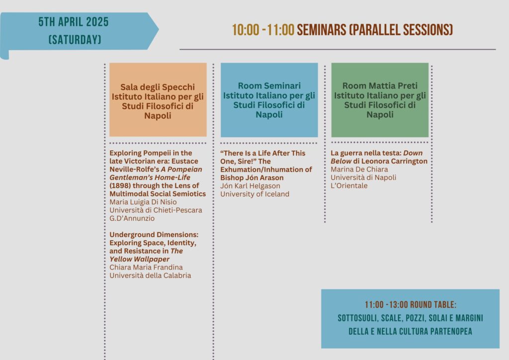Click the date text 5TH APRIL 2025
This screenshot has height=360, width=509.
tap(74, 22)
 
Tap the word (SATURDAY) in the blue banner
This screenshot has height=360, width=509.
tap(75, 40)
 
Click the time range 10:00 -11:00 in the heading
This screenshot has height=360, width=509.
tap(263, 30)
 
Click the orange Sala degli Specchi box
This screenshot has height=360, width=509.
tap(158, 99)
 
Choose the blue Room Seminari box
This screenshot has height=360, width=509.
tap(269, 99)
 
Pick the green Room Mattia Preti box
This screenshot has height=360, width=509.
tap(380, 99)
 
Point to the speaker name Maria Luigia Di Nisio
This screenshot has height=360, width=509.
tap(143, 202)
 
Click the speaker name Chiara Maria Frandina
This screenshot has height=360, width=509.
tap(146, 267)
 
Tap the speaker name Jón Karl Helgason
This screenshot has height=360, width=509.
tap(251, 186)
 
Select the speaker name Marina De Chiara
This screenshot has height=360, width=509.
tap(359, 170)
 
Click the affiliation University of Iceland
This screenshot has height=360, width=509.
tap(255, 194)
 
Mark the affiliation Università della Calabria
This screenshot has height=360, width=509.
tap(150, 275)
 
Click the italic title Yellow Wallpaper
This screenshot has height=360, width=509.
tap(140, 259)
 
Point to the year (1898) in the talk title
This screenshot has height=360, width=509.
tap(120, 185)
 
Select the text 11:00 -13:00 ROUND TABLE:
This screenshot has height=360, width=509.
tap(410, 305)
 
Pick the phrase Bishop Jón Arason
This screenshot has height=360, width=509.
tap(252, 178)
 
